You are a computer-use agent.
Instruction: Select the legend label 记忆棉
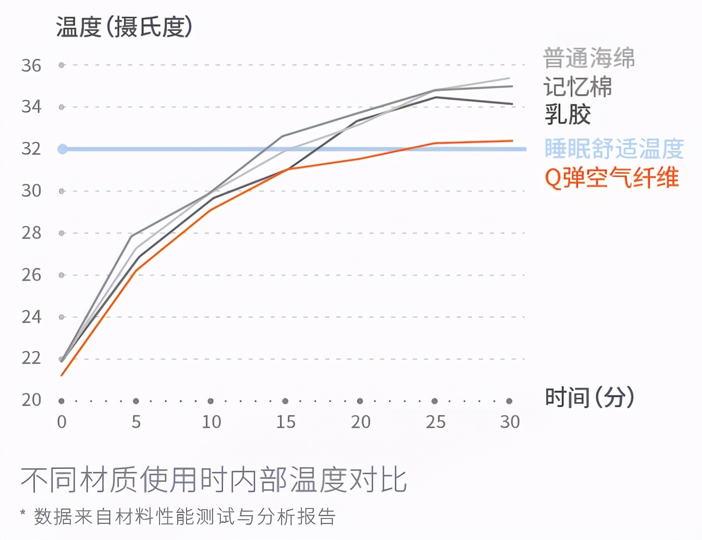pyautogui.click(x=578, y=87)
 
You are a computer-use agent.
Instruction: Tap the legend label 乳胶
pyautogui.click(x=568, y=115)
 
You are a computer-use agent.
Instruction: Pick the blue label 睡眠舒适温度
pyautogui.click(x=614, y=149)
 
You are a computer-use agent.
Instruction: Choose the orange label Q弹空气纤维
pyautogui.click(x=612, y=178)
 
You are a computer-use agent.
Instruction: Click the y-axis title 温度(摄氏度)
pyautogui.click(x=124, y=27)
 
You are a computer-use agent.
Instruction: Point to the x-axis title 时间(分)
pyautogui.click(x=589, y=397)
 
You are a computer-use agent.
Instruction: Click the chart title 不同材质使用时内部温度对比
pyautogui.click(x=214, y=479)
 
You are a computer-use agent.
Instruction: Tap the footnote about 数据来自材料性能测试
pyautogui.click(x=178, y=516)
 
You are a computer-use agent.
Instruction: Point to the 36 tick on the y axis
pyautogui.click(x=32, y=65)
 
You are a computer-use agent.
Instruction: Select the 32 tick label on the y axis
pyautogui.click(x=32, y=149)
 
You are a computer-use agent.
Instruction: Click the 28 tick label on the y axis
pyautogui.click(x=32, y=233)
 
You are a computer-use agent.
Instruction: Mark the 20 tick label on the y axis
pyautogui.click(x=32, y=400)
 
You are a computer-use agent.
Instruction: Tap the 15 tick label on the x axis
pyautogui.click(x=286, y=422)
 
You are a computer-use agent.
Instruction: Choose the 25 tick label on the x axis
pyautogui.click(x=436, y=422)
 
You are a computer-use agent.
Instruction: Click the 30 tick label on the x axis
pyautogui.click(x=510, y=422)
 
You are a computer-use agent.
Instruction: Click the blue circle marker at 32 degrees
pyautogui.click(x=62, y=149)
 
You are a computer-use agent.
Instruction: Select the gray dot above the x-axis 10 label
pyautogui.click(x=211, y=401)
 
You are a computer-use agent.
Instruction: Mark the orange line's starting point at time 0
pyautogui.click(x=62, y=376)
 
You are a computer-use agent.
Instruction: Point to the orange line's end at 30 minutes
pyautogui.click(x=512, y=141)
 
